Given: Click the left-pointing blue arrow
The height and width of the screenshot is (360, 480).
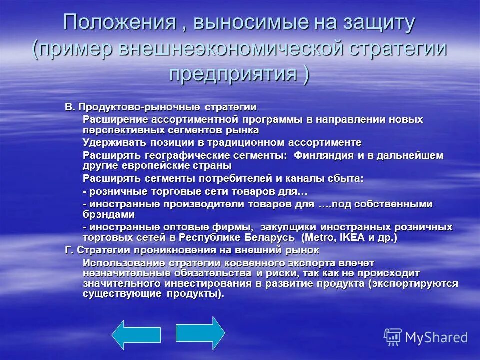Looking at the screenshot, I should click(128, 335).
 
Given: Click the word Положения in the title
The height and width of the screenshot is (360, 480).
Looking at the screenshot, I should click(120, 23).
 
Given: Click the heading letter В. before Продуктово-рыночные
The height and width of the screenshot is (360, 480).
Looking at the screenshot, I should click(69, 107).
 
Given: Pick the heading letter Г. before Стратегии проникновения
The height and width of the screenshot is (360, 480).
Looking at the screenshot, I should click(69, 250).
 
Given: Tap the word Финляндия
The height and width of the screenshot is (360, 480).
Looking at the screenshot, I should click(323, 155).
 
